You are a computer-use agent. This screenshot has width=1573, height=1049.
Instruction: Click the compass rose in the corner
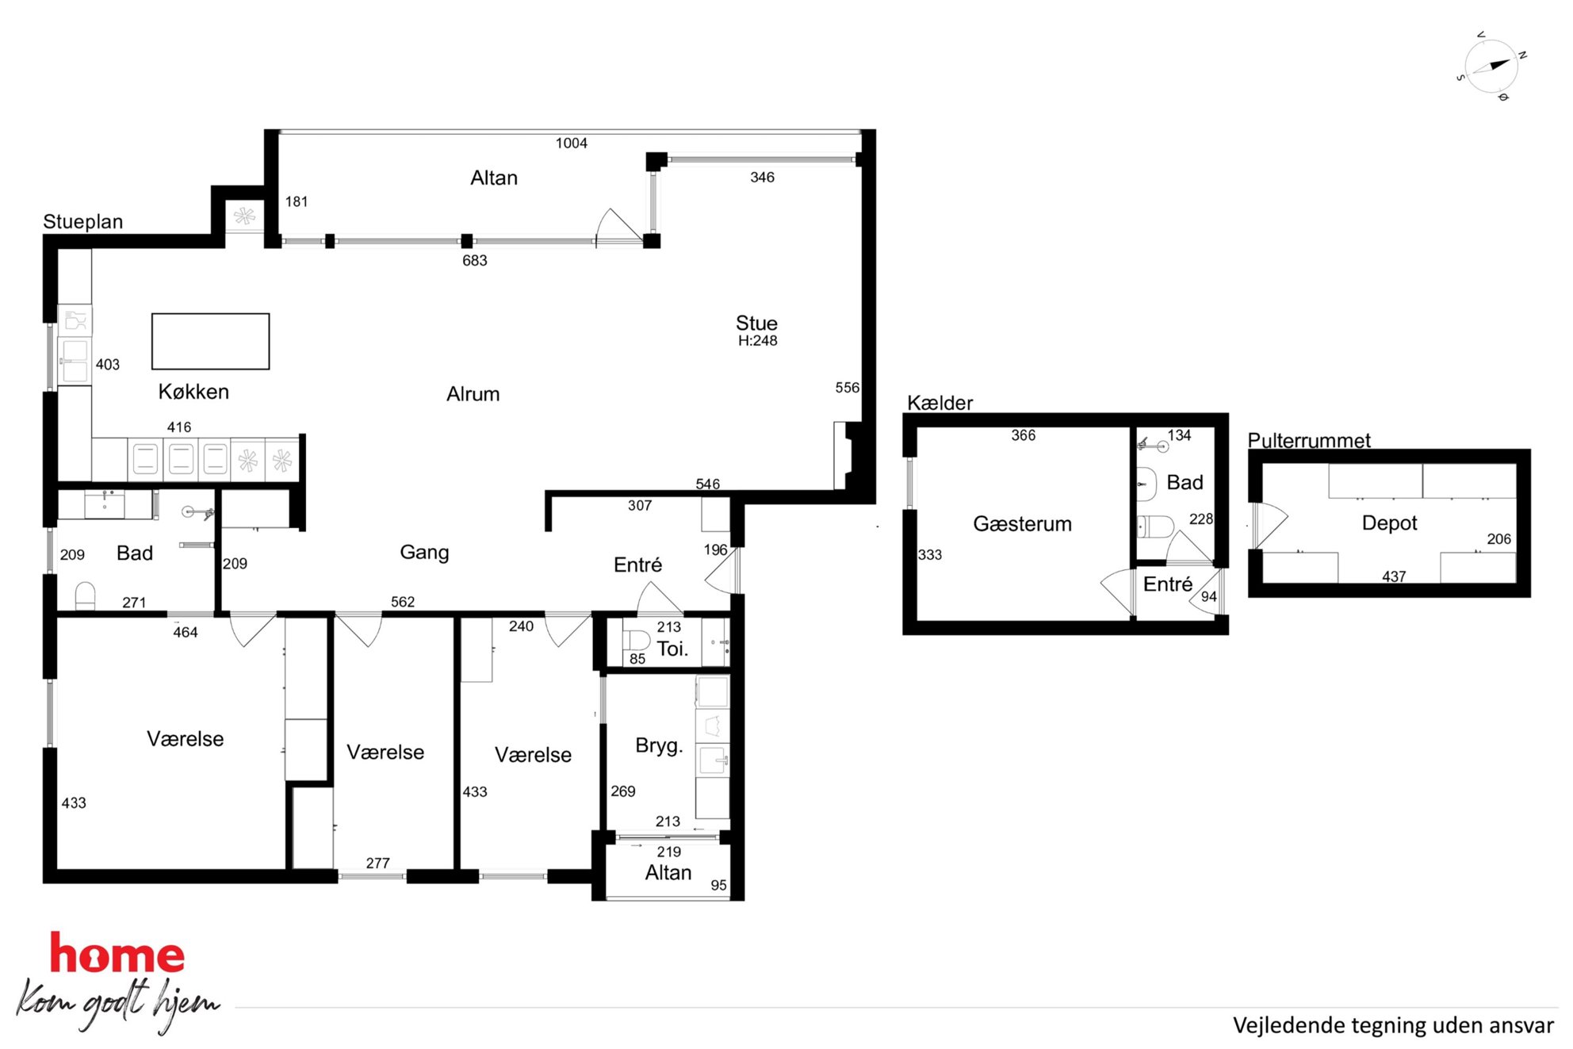tap(1491, 67)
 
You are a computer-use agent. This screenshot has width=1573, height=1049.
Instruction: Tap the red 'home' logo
tap(117, 953)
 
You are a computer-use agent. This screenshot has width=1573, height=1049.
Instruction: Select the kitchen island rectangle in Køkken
tap(210, 341)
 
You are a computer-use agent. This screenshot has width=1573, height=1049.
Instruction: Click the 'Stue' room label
tap(756, 323)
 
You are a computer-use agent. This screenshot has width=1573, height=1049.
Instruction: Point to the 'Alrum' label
tap(473, 394)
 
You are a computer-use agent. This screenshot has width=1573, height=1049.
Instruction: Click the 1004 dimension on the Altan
tap(571, 144)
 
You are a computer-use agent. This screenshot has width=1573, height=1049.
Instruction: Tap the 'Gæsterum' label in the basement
tap(1022, 524)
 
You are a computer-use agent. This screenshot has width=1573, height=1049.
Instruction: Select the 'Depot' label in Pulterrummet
tap(1389, 523)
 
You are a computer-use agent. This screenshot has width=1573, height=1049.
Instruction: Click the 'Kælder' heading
tap(940, 403)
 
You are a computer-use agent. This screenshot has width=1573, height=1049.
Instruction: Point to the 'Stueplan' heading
tap(82, 221)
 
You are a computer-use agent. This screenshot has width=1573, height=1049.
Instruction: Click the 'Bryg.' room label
tap(658, 745)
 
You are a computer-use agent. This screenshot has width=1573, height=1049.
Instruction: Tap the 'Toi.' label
tap(672, 649)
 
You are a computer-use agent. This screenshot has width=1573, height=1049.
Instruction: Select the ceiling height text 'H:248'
tap(757, 341)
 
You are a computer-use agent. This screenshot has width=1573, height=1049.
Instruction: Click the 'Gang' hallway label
tap(424, 553)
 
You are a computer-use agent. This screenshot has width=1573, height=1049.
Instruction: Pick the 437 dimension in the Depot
tap(1394, 576)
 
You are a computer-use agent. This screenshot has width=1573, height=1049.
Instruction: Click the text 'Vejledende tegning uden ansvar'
tap(1393, 1025)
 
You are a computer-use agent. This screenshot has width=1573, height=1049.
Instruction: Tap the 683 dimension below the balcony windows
tap(474, 261)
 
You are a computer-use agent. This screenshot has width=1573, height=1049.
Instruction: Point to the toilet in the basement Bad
tap(1156, 526)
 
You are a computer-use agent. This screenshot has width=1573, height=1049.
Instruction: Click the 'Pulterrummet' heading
tap(1309, 440)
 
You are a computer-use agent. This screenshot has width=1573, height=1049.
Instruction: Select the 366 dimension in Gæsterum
tap(1023, 435)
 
